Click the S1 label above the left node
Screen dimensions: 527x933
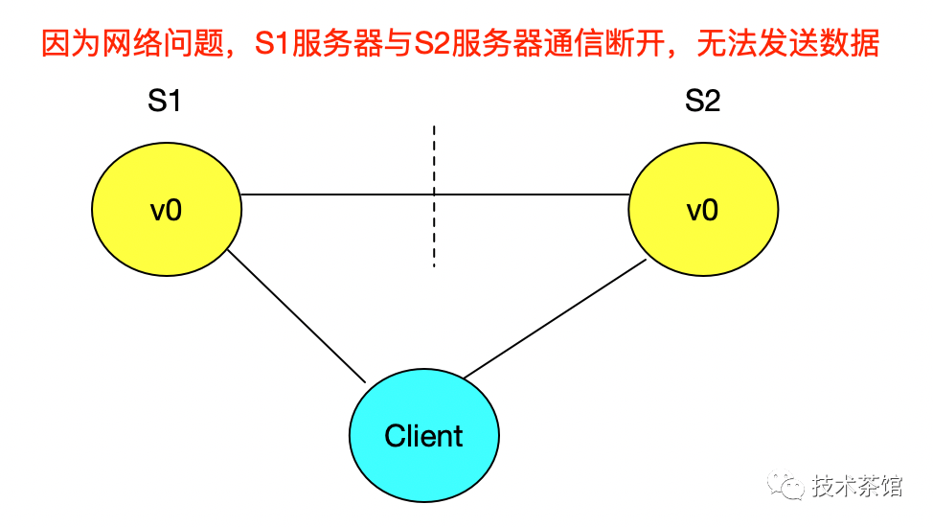click(x=164, y=102)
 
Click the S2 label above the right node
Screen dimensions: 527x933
click(x=702, y=102)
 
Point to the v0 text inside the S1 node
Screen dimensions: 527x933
click(x=166, y=210)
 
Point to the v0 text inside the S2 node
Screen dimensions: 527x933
click(x=702, y=210)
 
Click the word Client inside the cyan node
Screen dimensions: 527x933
click(x=424, y=437)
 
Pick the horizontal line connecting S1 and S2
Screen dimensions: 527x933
click(x=335, y=195)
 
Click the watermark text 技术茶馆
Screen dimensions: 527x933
click(x=856, y=487)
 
